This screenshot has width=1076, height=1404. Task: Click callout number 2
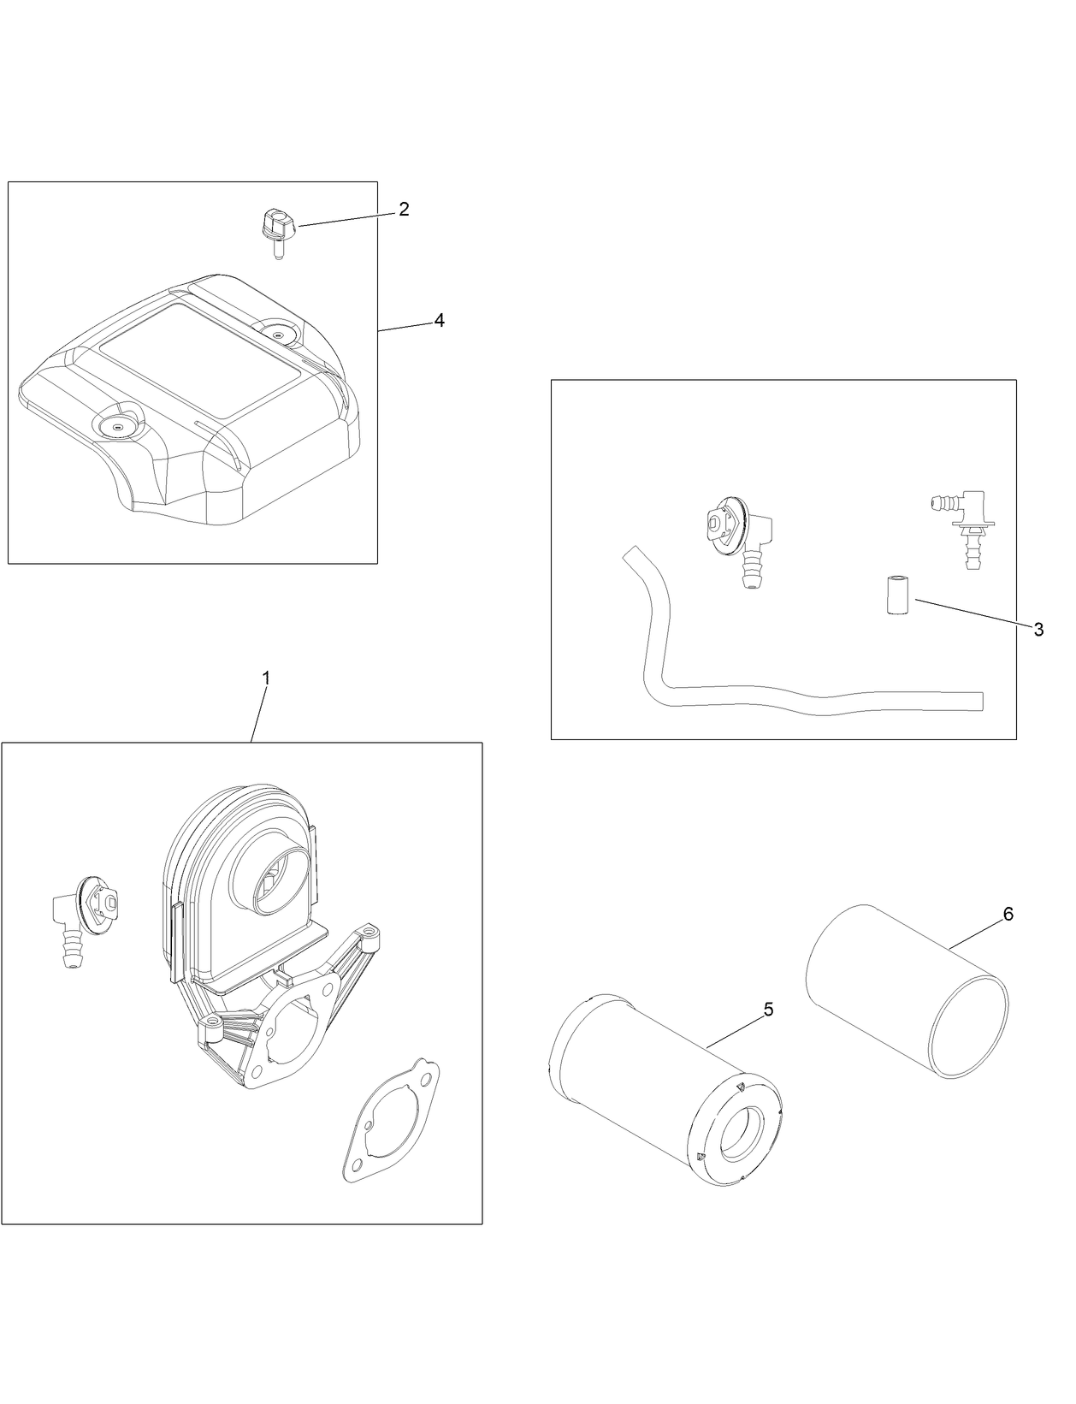(404, 209)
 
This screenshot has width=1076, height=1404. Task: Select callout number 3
(1038, 630)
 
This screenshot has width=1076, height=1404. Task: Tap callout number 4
(439, 320)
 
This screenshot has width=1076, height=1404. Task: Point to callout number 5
(767, 1010)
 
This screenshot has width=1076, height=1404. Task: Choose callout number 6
(1008, 915)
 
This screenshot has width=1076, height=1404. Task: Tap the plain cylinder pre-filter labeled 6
(907, 988)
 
